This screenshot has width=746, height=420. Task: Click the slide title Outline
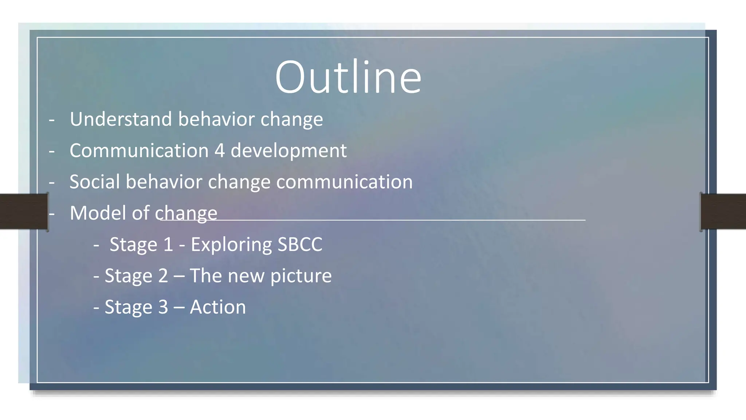click(348, 77)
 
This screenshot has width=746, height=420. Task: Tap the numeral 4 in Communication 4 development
click(219, 151)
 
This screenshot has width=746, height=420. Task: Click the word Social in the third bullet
click(94, 182)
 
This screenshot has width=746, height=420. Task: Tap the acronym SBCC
click(300, 244)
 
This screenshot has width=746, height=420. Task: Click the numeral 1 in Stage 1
click(168, 244)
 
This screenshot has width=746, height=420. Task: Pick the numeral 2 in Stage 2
click(163, 276)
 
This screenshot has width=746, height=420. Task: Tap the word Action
click(218, 307)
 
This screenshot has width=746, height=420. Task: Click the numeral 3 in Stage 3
click(163, 307)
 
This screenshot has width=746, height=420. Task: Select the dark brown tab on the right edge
click(723, 211)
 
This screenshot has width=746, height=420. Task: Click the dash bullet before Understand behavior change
click(52, 120)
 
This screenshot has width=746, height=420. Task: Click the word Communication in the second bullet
click(139, 151)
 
